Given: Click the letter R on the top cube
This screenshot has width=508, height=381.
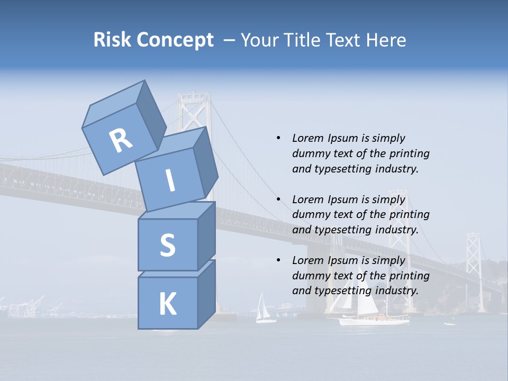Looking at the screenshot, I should pos(121,141).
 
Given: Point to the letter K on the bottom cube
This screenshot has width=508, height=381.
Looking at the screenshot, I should pos(167,304).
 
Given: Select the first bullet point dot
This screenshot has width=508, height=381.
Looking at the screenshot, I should pos(278,138).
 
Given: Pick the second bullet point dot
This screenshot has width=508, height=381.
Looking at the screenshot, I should pos(278,199).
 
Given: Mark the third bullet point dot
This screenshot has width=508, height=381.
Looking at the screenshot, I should pos(278,260).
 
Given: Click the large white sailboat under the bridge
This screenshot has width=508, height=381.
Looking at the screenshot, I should pos(370,310).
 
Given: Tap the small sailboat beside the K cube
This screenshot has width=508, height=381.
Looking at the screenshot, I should pos(263,310).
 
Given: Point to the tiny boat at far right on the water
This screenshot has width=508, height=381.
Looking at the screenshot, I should pos(449,323).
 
